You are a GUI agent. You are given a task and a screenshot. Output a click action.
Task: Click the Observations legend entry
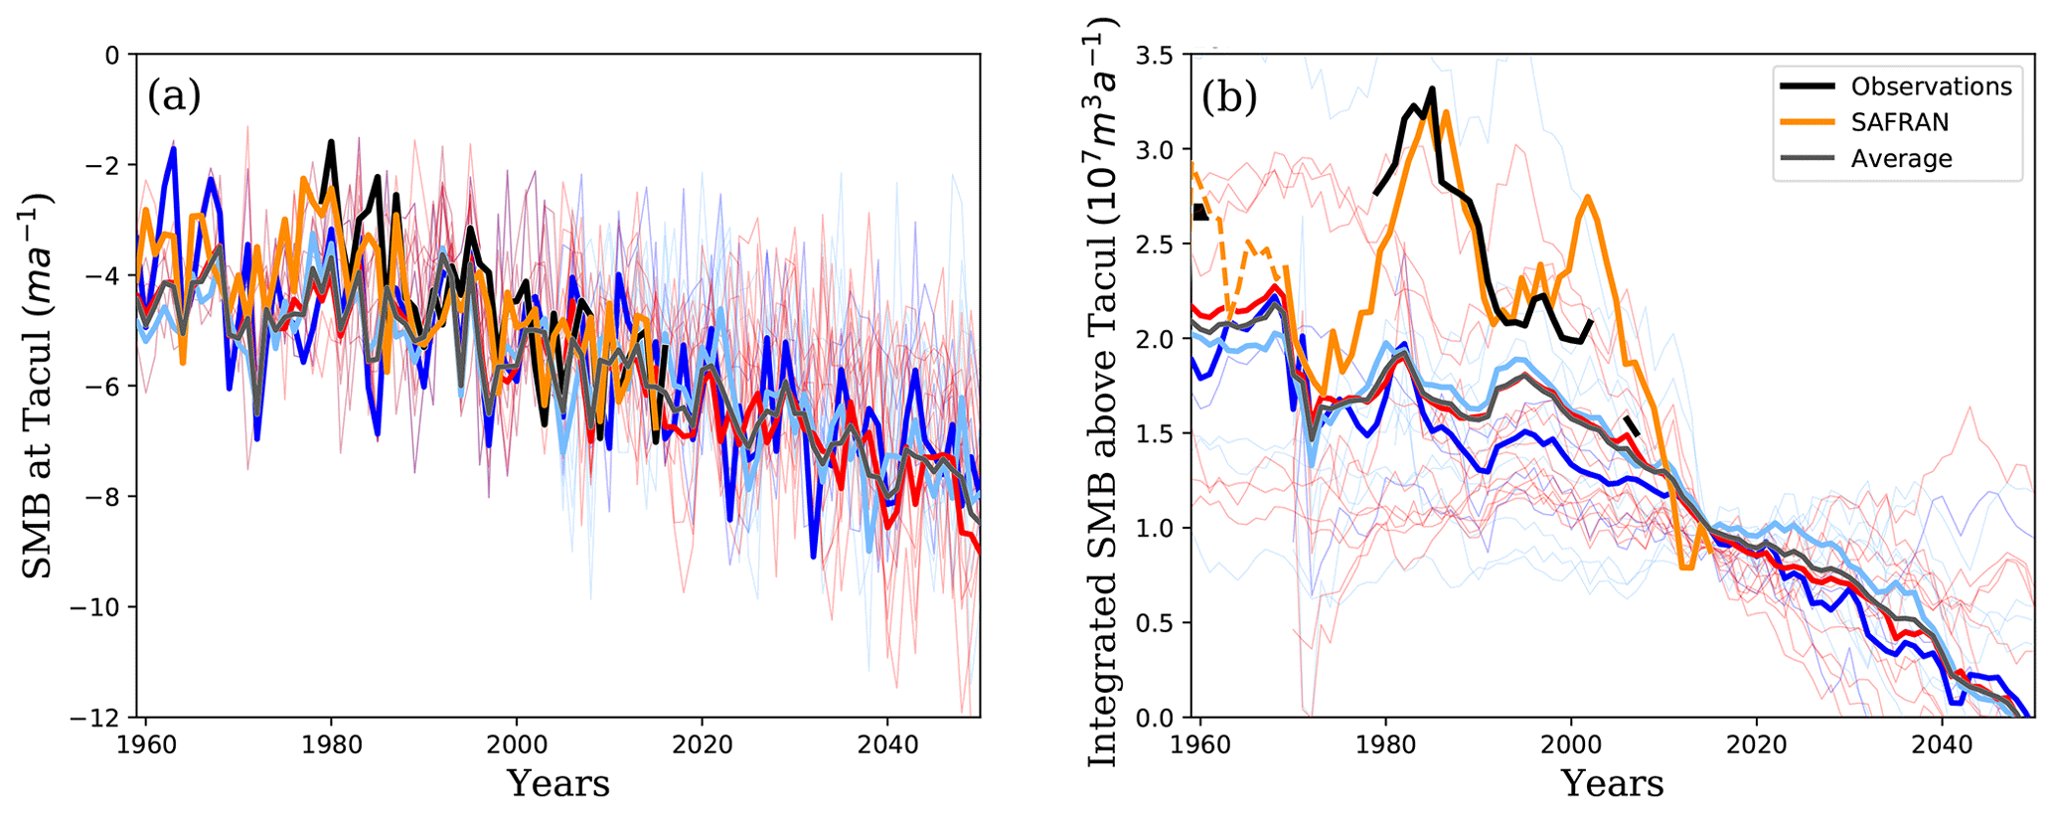point(1931,86)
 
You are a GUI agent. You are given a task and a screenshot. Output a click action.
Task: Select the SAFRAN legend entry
point(1899,122)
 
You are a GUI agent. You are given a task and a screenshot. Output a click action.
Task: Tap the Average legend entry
point(1901,159)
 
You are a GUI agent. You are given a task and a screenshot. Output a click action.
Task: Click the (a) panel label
point(174,96)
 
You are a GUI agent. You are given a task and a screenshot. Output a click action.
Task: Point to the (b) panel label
point(1229,96)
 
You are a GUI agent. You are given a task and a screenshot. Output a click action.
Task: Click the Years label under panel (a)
point(558,783)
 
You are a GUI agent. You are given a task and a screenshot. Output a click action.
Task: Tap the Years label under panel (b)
point(1612,783)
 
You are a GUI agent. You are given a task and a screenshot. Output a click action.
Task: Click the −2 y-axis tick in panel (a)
point(101,165)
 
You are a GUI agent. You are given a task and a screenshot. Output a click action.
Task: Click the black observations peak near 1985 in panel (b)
point(1432,88)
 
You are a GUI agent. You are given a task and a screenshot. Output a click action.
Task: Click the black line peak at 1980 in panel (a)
point(331,142)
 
